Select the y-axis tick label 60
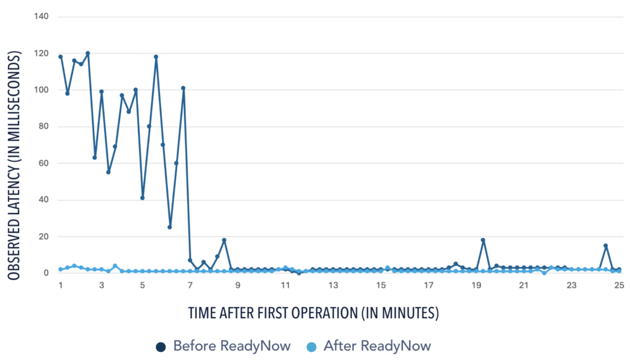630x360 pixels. [x=43, y=163]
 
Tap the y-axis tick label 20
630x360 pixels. [x=43, y=236]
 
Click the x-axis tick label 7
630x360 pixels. [x=190, y=286]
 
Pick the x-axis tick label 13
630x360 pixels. [x=333, y=286]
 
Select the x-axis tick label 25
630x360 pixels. [x=619, y=286]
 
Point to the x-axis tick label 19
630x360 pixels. [x=476, y=286]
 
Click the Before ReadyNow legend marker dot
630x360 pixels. [x=161, y=346]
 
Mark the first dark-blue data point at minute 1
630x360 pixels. [x=60, y=57]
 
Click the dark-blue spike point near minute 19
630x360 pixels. [x=483, y=240]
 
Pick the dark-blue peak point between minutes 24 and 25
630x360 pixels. [x=605, y=246]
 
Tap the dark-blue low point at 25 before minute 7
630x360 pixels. [x=170, y=227]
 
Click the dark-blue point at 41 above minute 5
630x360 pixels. [x=142, y=198]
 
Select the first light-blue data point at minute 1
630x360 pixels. [x=60, y=269]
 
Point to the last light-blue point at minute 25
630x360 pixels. [x=619, y=271]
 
